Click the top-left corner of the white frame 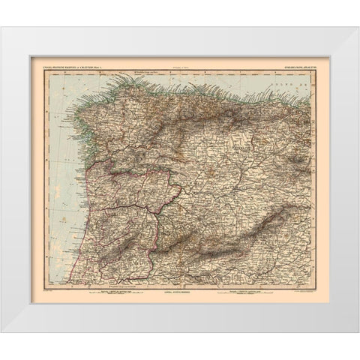point(2,29)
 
